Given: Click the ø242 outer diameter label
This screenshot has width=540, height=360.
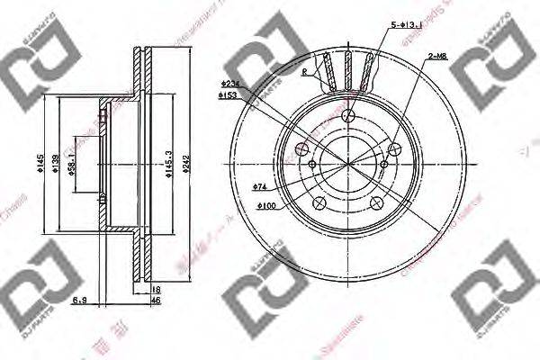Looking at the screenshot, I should pyautogui.click(x=185, y=161).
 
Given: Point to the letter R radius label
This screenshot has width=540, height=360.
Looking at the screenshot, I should pyautogui.click(x=307, y=71).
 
